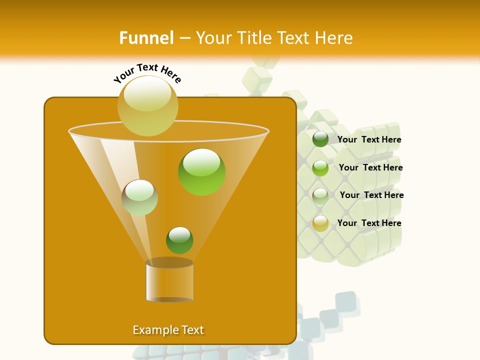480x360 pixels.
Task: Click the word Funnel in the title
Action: pos(146,38)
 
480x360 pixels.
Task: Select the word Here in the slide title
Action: pos(334,38)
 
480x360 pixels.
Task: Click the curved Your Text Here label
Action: pos(147,72)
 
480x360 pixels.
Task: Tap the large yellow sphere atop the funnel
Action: pos(148,105)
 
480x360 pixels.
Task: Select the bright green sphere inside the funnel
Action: pos(202,172)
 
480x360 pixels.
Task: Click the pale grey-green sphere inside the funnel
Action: pos(139,197)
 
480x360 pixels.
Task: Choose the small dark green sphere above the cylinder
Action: pos(179,240)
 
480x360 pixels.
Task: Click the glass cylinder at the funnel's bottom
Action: pos(169,282)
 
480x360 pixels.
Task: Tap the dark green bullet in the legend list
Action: pos(320,139)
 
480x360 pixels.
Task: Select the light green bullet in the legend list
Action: pos(320,168)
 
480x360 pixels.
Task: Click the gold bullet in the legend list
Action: pos(320,223)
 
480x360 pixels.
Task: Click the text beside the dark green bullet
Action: pos(369,140)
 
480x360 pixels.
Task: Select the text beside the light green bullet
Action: pos(370,168)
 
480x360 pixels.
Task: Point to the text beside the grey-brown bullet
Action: pos(371,195)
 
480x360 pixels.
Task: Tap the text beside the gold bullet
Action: pos(369,223)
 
